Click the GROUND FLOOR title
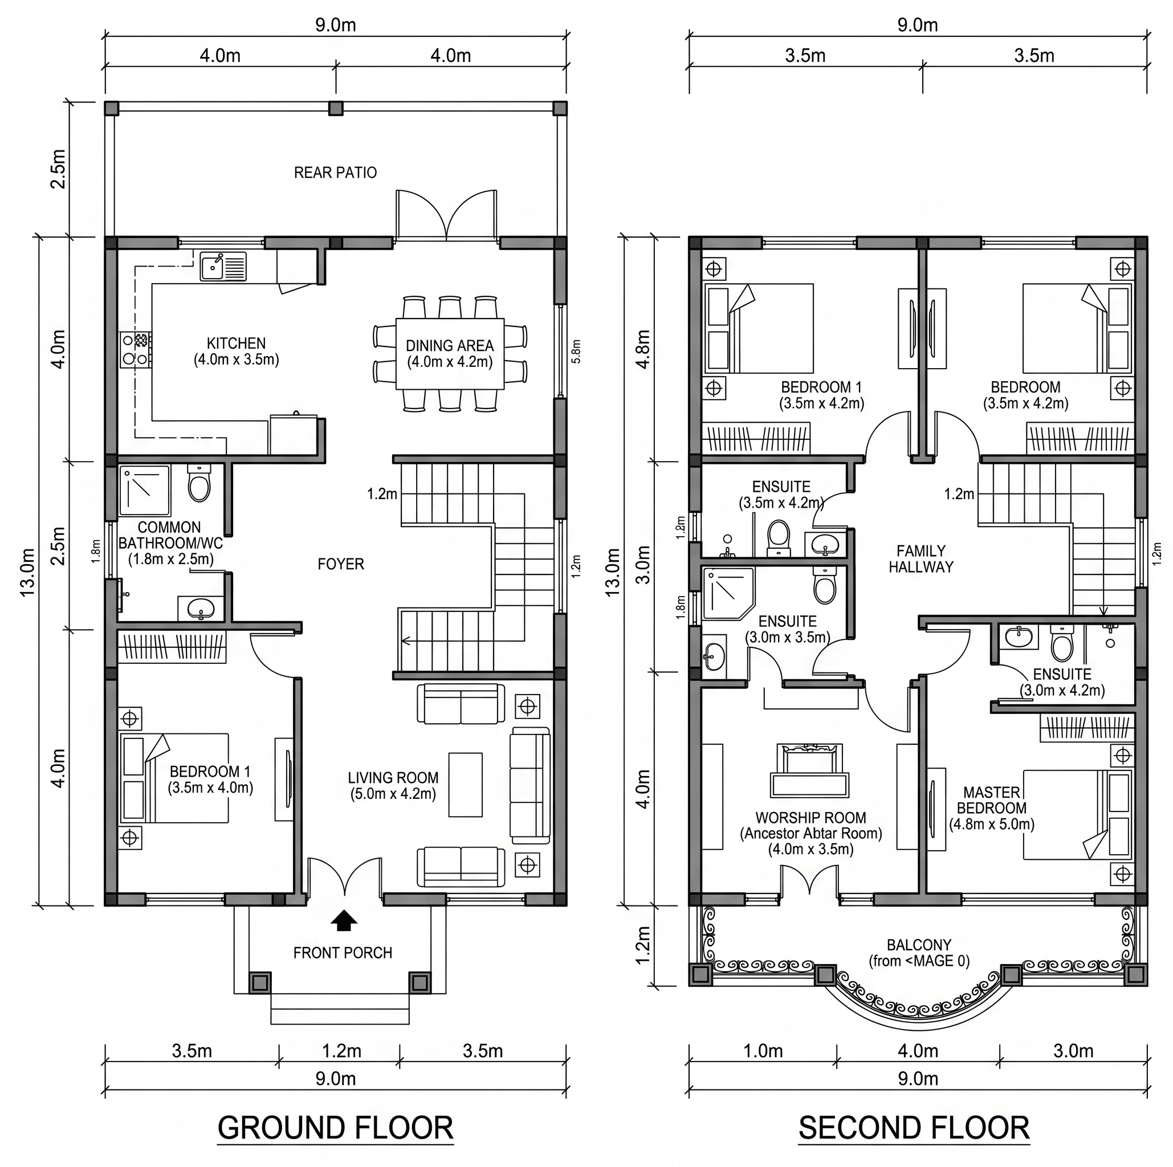[x=335, y=1128]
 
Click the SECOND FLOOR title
[x=914, y=1128]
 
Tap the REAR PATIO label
[x=335, y=173]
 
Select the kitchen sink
[x=223, y=267]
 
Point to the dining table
[x=450, y=354]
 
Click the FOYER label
[x=341, y=564]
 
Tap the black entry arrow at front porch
[x=344, y=920]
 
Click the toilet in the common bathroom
[x=199, y=483]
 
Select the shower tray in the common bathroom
[x=145, y=491]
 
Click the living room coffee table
[x=466, y=785]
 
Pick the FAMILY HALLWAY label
[x=921, y=559]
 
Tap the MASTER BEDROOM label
[x=992, y=800]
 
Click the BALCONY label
[x=919, y=945]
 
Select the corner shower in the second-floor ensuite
[x=728, y=594]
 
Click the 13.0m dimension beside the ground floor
[x=28, y=572]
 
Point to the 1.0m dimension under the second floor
[x=763, y=1051]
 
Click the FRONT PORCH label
[x=343, y=953]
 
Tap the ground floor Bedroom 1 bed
[x=174, y=778]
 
